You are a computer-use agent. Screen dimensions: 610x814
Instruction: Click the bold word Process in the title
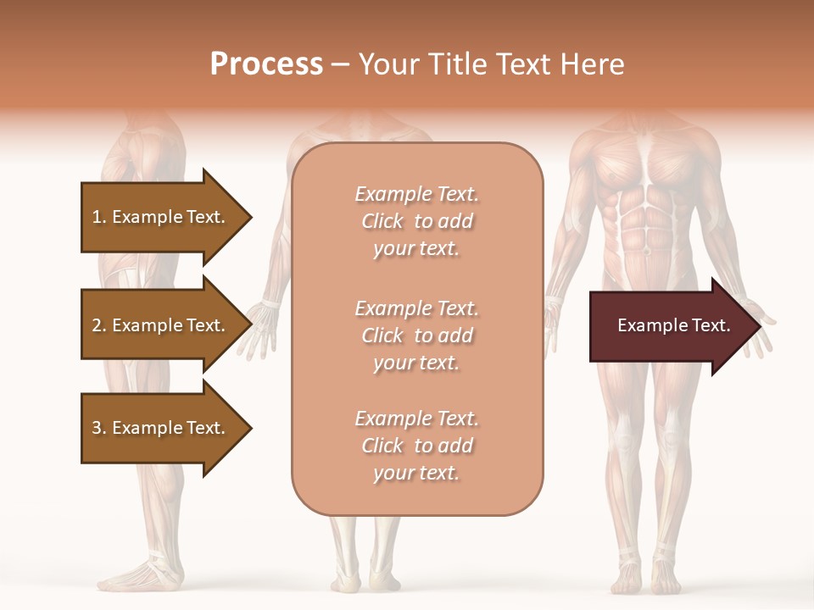(x=266, y=64)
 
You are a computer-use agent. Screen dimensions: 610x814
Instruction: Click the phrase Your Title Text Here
(x=492, y=64)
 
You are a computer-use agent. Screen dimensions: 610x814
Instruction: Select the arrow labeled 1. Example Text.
(x=161, y=217)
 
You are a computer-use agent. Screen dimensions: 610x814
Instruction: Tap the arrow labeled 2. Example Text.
(x=161, y=325)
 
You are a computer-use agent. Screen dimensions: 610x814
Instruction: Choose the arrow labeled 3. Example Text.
(x=161, y=428)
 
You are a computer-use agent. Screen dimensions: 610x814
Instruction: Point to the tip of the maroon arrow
(x=761, y=326)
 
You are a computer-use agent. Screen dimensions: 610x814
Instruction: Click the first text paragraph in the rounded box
(x=416, y=221)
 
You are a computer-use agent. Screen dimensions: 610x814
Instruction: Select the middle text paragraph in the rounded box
(x=416, y=335)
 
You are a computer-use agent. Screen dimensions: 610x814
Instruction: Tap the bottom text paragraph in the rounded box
(x=416, y=446)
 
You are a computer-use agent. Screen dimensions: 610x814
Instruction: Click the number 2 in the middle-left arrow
(x=97, y=325)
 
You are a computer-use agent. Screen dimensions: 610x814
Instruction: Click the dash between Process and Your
(x=341, y=64)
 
